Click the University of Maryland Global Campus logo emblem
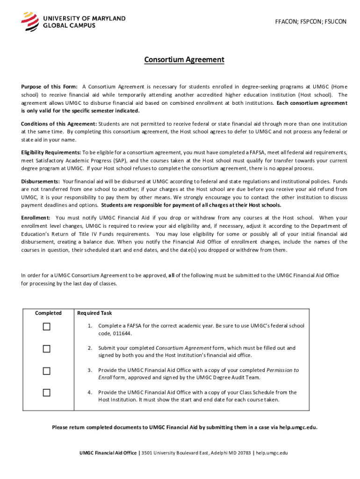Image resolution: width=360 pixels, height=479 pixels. (29, 22)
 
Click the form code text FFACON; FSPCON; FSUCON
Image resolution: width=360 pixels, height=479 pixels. (310, 22)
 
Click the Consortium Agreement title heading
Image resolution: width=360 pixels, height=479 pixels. (184, 60)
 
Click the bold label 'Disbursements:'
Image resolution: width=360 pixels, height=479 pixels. (40, 181)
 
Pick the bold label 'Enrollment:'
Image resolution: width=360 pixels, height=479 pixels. (36, 218)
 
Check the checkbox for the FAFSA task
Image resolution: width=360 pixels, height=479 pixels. (46, 327)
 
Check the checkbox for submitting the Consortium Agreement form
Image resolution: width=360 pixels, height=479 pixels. (46, 349)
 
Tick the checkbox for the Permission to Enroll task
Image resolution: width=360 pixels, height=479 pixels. (46, 371)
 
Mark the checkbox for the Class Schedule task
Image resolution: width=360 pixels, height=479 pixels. (46, 393)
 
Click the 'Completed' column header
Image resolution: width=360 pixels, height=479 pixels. (49, 313)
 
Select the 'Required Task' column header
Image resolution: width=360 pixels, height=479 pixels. (94, 313)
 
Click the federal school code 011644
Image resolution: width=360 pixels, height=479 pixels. (122, 333)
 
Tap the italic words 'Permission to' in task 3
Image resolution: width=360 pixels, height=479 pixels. (282, 370)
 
